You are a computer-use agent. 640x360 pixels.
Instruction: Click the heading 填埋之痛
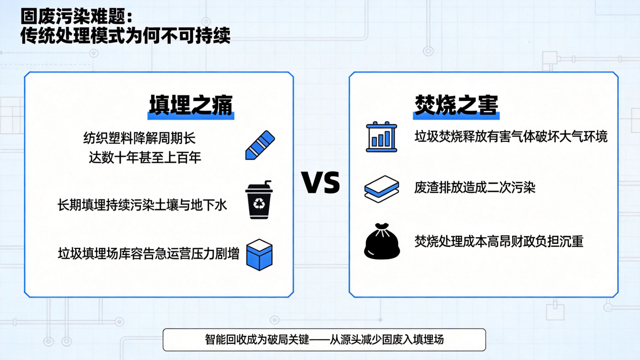pos(191,106)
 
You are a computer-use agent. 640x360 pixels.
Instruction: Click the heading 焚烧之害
pos(456,106)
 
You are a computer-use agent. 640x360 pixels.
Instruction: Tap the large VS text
pos(321,183)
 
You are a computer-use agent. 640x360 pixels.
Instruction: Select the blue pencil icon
pos(260,145)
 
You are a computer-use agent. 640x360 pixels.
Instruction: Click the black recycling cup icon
pos(259,200)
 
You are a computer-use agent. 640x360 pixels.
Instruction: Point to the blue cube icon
pos(260,255)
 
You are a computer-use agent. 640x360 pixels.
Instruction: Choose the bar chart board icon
pos(381,137)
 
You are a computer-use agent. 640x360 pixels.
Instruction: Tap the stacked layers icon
pos(382,189)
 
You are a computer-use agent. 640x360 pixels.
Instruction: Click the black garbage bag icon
pos(382,241)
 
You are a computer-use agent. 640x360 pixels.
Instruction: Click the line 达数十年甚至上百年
pos(145,158)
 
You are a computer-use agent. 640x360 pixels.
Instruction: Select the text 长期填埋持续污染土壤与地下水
pos(142,205)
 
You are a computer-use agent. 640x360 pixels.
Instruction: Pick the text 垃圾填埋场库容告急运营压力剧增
pos(149,253)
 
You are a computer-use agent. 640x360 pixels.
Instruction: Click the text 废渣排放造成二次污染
pos(475,187)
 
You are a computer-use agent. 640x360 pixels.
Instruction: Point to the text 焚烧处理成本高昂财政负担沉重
pos(499,241)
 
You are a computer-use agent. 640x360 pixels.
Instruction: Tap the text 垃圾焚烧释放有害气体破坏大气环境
pos(511,136)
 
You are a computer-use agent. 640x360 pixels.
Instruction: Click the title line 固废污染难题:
pos(77,17)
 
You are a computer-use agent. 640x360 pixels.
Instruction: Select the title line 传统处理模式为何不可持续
pos(125,36)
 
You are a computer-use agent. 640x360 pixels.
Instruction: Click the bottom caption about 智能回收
pos(324,340)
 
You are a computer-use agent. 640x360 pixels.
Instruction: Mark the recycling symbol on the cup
pos(259,203)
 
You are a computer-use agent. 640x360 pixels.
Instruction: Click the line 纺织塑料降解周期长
pos(139,138)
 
